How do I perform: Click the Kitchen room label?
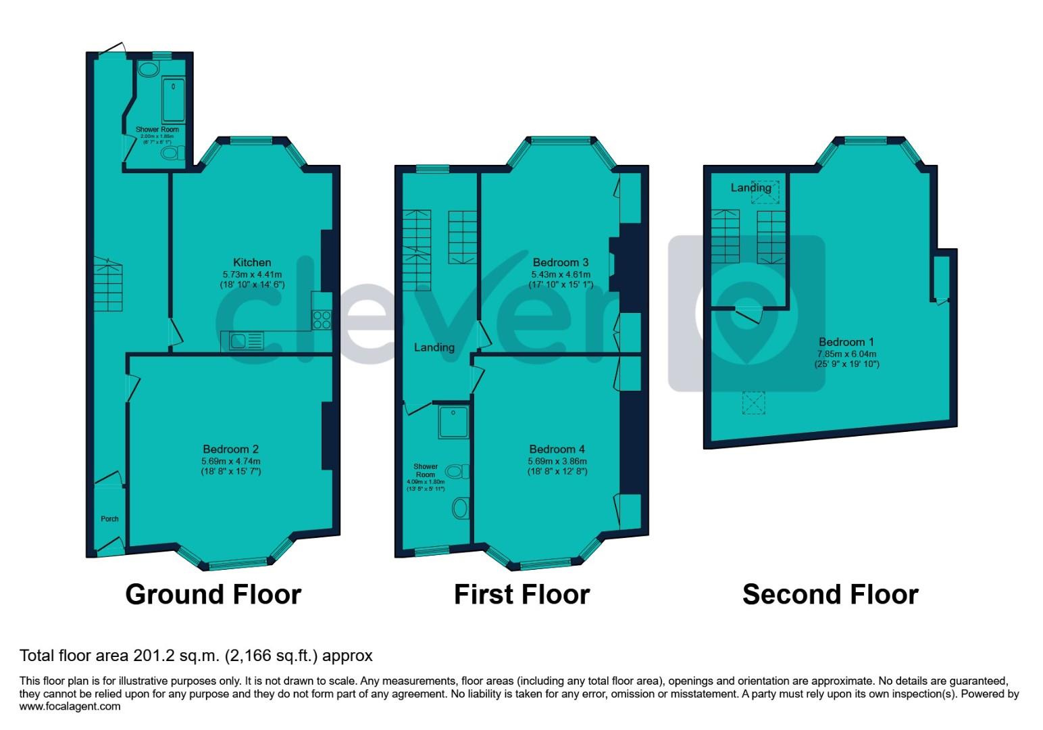[x=252, y=262]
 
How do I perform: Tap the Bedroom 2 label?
[x=230, y=449]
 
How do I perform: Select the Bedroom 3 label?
[x=561, y=262]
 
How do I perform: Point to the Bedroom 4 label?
[x=557, y=449]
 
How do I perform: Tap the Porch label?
[x=109, y=519]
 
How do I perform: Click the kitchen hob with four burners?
[x=322, y=319]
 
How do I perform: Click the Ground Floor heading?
[x=213, y=594]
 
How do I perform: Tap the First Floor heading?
[x=521, y=594]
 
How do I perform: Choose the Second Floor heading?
[x=830, y=594]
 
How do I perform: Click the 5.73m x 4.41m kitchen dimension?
[x=252, y=274]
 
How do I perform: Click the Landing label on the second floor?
[x=751, y=187]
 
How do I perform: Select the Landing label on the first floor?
[x=434, y=347]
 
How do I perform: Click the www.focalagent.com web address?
[x=70, y=706]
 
